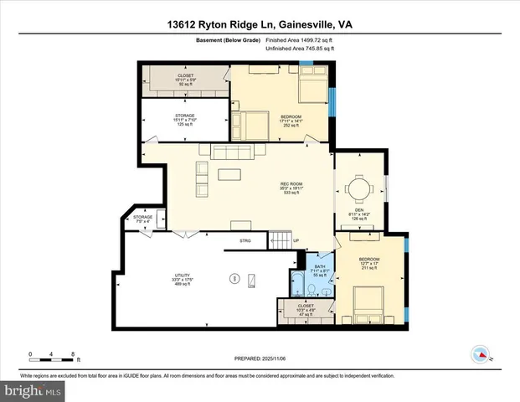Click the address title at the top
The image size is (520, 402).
coord(260,25)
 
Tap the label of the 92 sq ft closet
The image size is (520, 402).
coord(185,80)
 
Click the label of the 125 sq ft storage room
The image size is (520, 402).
coord(185,120)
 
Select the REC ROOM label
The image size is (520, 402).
coord(291,188)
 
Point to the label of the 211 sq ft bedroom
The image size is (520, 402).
coord(369,264)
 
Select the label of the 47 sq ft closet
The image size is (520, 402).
coord(306,311)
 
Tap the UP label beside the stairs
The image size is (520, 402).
coord(296,241)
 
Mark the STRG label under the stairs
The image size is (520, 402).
coord(245,241)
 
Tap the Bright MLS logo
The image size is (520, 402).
coord(32,389)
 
